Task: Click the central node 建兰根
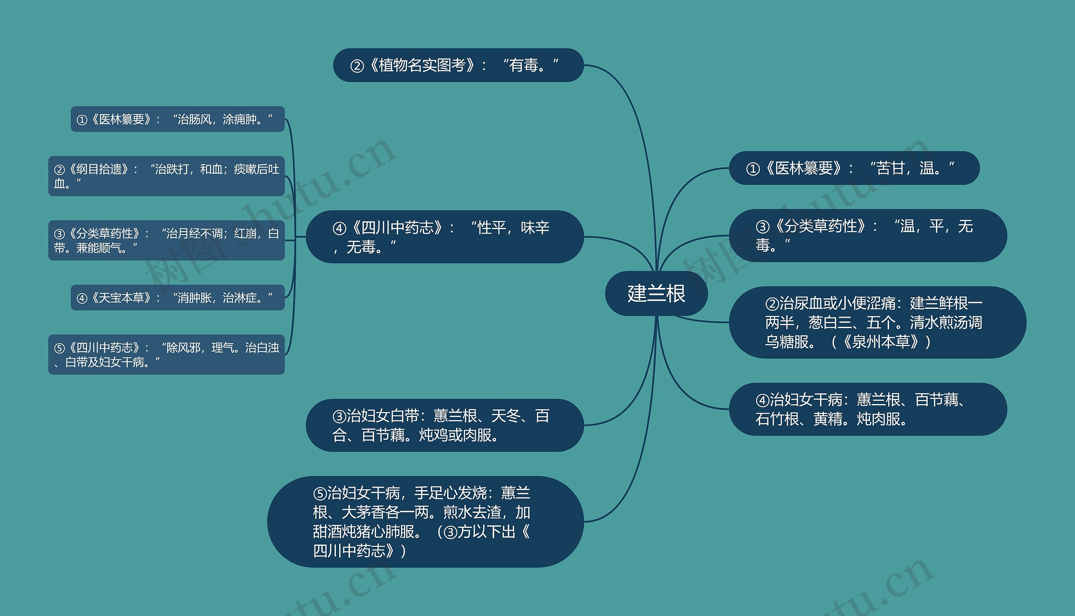point(656,293)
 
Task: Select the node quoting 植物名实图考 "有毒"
point(458,65)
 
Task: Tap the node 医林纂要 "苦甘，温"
point(854,168)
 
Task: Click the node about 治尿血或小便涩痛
point(877,322)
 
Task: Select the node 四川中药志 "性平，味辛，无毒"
point(445,237)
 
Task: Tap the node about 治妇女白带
point(445,425)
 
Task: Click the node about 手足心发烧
point(425,521)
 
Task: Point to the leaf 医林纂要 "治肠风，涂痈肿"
point(177,119)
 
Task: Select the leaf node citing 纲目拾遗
point(166,175)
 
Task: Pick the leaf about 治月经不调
point(166,240)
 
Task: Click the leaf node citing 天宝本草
point(177,298)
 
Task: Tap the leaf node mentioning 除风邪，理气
point(166,354)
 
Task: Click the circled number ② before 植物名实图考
point(357,66)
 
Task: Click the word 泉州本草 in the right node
point(881,342)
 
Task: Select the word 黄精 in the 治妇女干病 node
point(827,419)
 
